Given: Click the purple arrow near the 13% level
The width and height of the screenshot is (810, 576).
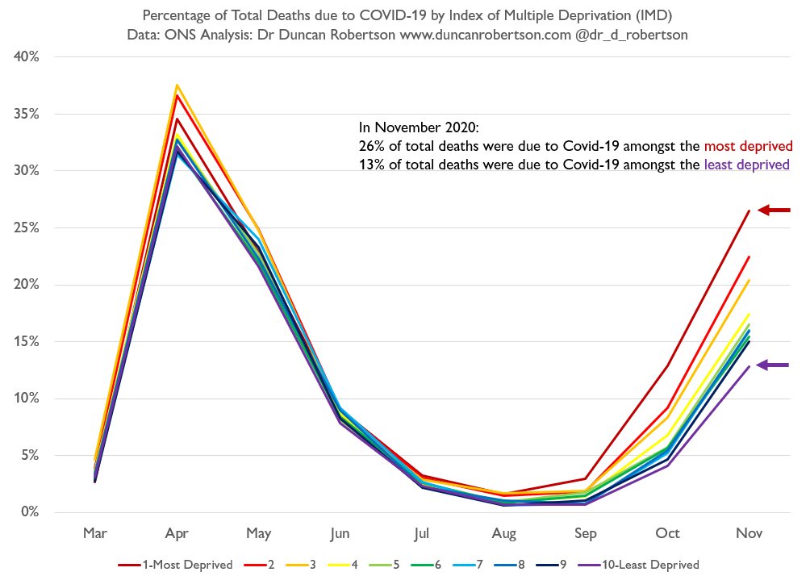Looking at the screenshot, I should pos(775,365).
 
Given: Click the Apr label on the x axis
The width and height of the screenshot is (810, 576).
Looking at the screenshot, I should pos(177,534).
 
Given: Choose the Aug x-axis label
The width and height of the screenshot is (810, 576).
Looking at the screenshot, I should pos(503,534).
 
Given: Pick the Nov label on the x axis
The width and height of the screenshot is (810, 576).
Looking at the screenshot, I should pos(749,534).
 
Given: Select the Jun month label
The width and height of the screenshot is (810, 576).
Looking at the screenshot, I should pos(340,534).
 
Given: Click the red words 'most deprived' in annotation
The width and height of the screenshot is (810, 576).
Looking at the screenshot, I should pos(749,146).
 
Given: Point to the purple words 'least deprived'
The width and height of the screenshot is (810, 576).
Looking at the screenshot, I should pos(746,165).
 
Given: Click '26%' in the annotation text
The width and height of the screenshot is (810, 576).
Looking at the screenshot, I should pos(370,146).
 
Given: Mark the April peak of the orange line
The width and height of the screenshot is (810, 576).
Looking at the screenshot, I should pos(177,85).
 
